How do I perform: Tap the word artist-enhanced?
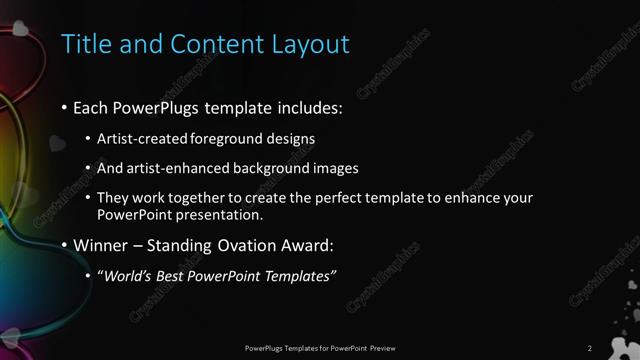point(166,169)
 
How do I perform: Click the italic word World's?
point(126,276)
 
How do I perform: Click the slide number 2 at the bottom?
point(590,348)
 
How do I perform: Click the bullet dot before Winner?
point(64,245)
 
